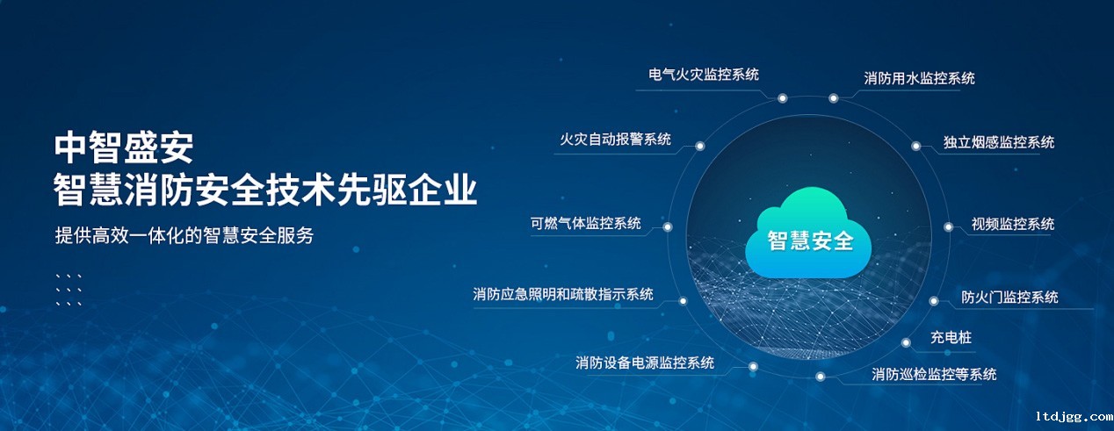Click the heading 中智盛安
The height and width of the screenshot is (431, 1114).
[123, 147]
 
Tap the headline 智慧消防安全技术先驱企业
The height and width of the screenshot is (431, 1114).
[265, 190]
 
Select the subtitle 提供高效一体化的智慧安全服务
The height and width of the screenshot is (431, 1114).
[184, 235]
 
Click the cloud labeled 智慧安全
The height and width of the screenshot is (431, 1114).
[808, 233]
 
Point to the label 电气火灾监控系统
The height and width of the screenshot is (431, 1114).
[703, 75]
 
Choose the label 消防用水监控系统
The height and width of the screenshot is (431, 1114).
[919, 78]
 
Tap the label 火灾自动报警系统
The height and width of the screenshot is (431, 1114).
[615, 139]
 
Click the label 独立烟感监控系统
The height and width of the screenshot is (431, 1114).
[999, 142]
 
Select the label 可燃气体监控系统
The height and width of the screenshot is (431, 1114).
[585, 223]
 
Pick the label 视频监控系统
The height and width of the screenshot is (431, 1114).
[1013, 224]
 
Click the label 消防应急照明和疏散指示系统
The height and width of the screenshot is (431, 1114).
[563, 294]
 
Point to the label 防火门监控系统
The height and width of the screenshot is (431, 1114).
[1009, 298]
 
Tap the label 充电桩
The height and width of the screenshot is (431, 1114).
[951, 338]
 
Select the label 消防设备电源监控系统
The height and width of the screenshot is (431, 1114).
[645, 363]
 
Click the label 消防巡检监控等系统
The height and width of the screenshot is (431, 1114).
[934, 374]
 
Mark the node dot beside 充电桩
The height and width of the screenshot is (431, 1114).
[906, 342]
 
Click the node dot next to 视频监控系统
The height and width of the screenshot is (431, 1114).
[948, 227]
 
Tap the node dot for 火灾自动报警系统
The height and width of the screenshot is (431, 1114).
[699, 146]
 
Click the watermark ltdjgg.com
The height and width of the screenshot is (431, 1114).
[1074, 417]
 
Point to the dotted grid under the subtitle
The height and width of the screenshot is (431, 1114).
[69, 290]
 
